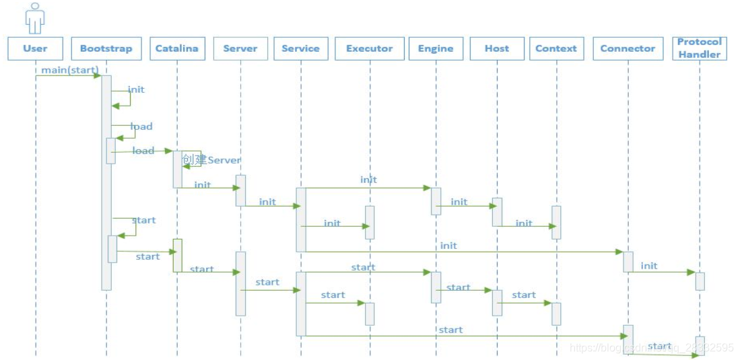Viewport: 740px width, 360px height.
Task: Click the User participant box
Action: point(35,48)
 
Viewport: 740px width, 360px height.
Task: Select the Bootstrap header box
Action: point(106,48)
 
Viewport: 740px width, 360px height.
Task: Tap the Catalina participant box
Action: point(177,48)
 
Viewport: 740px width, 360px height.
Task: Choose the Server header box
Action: point(240,48)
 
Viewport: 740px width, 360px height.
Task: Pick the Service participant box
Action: point(300,48)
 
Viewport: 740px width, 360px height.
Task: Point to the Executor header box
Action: point(369,48)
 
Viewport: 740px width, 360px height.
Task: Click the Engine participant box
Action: point(436,48)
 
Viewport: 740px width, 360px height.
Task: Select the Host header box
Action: point(497,48)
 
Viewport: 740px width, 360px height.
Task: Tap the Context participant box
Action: point(556,48)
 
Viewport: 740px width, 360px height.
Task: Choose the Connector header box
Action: point(628,48)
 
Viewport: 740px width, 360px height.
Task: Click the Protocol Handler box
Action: point(700,48)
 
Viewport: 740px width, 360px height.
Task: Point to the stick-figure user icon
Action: point(35,17)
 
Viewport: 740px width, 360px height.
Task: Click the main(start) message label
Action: point(69,69)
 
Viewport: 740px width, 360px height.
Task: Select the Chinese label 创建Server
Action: point(211,160)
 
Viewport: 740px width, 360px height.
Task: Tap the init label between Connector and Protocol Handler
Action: point(649,266)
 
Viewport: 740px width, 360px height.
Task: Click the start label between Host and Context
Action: point(524,295)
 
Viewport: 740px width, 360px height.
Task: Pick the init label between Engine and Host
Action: point(459,202)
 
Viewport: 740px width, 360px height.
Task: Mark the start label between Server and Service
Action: point(267,282)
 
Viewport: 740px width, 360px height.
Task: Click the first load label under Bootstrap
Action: point(141,127)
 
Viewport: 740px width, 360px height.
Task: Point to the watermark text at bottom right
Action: point(651,348)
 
